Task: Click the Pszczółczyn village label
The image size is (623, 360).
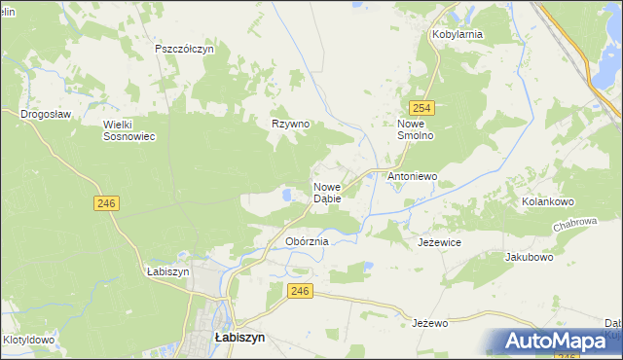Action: (191, 48)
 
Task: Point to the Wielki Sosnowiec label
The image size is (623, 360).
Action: (129, 130)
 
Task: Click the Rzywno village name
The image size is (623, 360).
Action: (290, 125)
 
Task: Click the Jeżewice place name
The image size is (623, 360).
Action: (439, 241)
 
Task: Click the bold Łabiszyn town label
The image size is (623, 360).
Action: (239, 338)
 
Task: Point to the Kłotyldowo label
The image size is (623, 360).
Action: (29, 342)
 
